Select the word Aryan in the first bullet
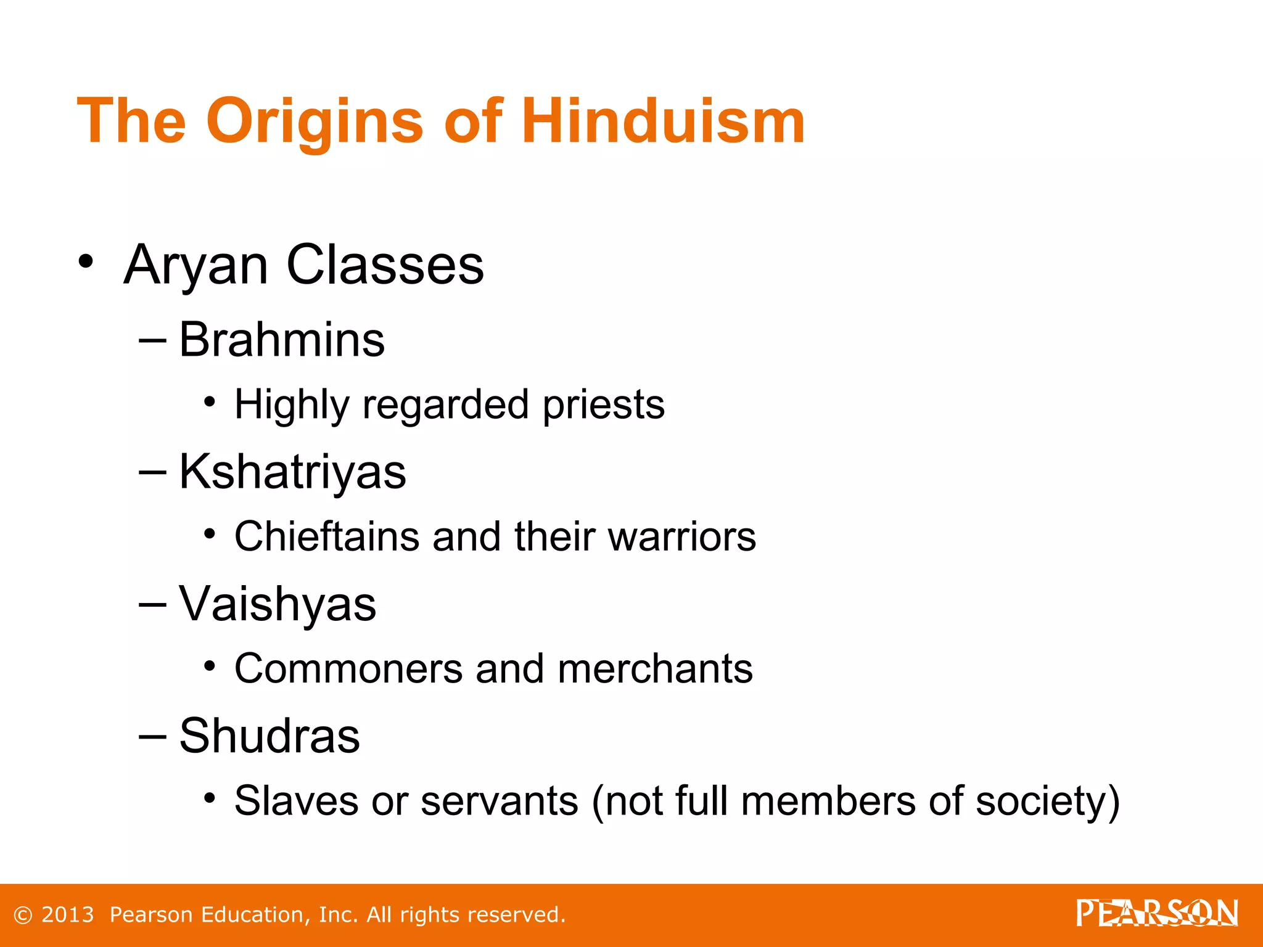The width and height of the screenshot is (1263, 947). coord(195,265)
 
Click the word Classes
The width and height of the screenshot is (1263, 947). coord(385,265)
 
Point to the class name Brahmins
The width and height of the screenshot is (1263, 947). coord(282,340)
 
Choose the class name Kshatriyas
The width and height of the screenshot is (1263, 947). coord(292,472)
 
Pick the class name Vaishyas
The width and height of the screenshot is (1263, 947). coord(278,604)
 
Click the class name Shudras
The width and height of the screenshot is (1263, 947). coord(269,736)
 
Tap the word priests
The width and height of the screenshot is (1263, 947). coord(604,405)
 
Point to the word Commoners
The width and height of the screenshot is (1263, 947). coord(348,668)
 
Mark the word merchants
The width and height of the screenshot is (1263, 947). coord(655,668)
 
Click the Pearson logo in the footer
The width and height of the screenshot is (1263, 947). coord(1157,913)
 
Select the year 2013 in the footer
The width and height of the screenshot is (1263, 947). coord(67,914)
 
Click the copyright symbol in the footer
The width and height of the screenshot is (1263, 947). coord(23,915)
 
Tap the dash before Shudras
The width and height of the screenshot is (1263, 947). coord(152,736)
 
